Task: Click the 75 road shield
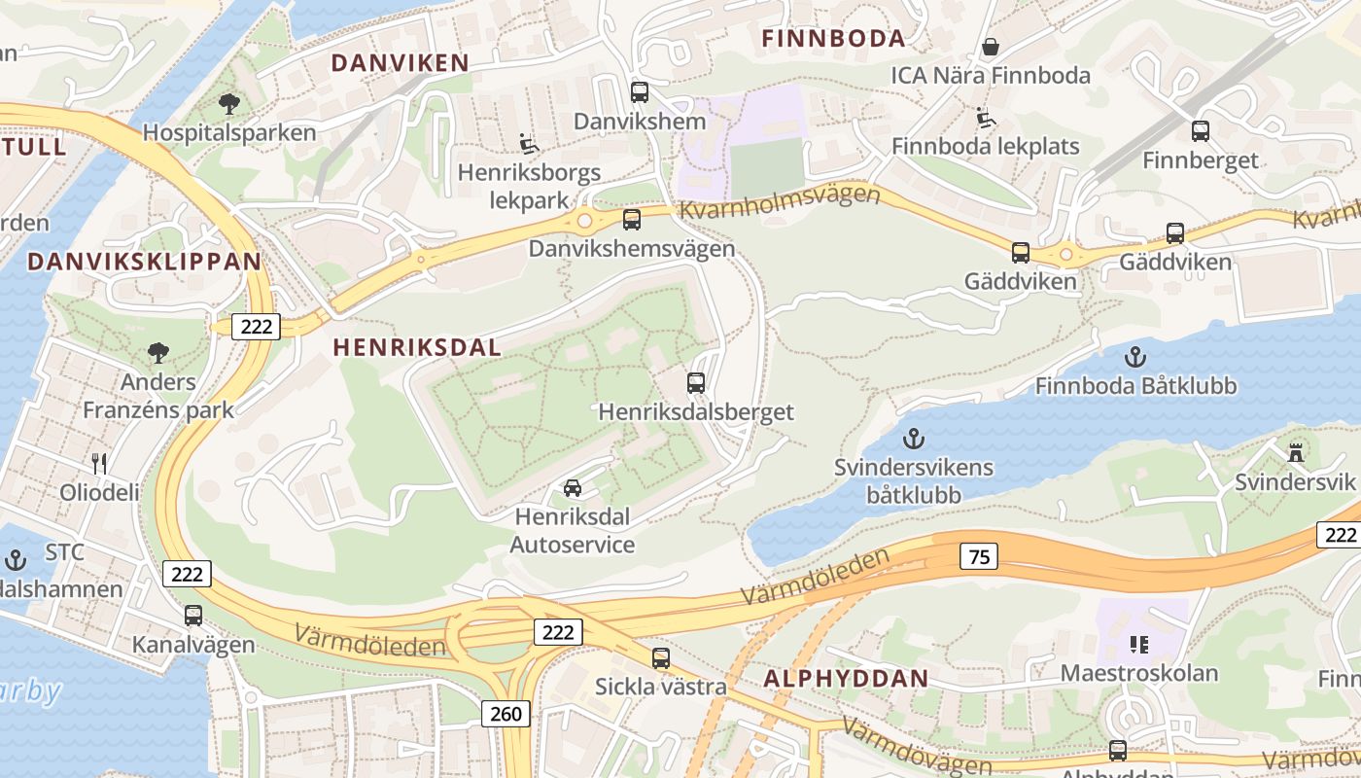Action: (x=978, y=556)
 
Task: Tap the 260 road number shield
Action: (x=506, y=714)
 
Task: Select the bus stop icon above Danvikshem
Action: (x=640, y=92)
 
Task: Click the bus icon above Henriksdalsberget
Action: (x=696, y=383)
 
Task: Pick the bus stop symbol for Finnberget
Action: (x=1201, y=131)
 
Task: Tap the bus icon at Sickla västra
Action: (x=661, y=658)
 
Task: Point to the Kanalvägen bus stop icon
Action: (x=193, y=616)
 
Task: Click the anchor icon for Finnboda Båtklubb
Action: (x=1134, y=357)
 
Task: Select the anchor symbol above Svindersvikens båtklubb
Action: (x=913, y=440)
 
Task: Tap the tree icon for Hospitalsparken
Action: (x=229, y=103)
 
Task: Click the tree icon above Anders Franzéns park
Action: (x=158, y=352)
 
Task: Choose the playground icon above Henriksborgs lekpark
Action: (x=529, y=144)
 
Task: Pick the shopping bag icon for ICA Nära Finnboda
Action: (x=991, y=46)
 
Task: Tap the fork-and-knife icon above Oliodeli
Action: (x=98, y=463)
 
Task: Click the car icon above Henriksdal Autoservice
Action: (x=573, y=487)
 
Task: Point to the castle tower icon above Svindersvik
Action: (x=1295, y=452)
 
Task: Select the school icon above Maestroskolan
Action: (x=1139, y=643)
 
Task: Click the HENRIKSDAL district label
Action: (x=417, y=347)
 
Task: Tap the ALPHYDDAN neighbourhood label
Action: (x=846, y=679)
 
